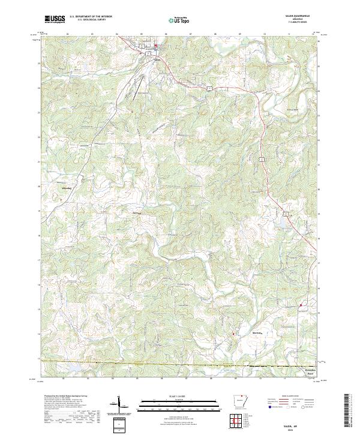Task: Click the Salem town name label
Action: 157,59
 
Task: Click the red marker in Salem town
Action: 156,46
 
